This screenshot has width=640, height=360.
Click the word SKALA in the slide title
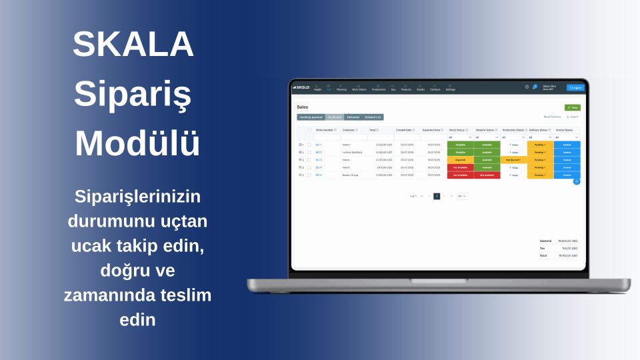[x=133, y=45]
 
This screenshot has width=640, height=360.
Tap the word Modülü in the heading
[x=137, y=143]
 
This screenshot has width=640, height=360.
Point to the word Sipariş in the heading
[x=133, y=94]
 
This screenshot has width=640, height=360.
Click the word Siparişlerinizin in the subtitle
[x=137, y=197]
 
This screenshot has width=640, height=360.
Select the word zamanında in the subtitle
[x=109, y=295]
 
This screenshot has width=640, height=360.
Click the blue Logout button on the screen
[x=575, y=87]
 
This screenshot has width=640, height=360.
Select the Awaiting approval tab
[x=311, y=117]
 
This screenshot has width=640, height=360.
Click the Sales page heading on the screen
[x=303, y=106]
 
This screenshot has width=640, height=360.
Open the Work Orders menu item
[x=359, y=88]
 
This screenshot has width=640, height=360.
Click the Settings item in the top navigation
[x=451, y=88]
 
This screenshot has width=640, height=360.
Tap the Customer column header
[x=349, y=130]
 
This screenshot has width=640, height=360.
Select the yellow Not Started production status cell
[x=513, y=160]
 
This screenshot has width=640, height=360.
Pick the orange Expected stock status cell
[x=460, y=160]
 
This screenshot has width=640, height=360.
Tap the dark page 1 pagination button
[x=437, y=196]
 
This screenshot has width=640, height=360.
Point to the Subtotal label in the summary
[x=546, y=241]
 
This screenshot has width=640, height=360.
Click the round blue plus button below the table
[x=576, y=181]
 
